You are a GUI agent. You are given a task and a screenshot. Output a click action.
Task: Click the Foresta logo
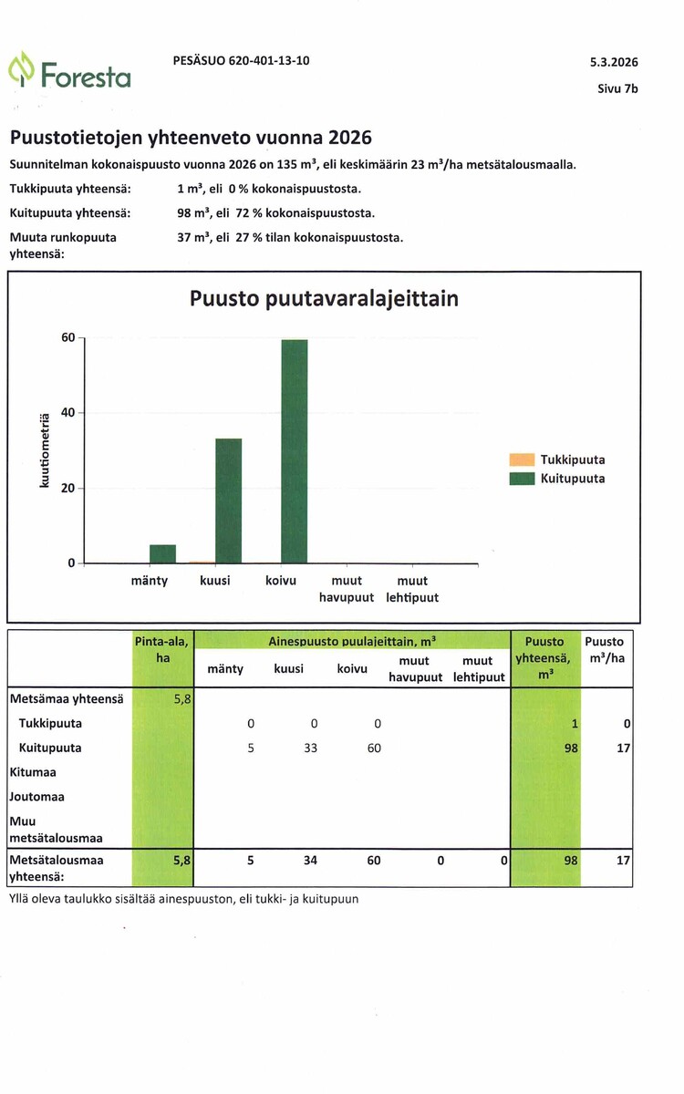point(69,70)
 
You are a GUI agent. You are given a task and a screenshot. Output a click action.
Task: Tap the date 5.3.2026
point(614,62)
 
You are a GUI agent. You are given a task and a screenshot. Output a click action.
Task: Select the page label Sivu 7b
point(617,88)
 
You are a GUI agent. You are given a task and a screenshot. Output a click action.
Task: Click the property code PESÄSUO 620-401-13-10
point(242,60)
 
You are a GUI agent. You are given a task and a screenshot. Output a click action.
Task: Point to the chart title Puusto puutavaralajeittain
point(324,298)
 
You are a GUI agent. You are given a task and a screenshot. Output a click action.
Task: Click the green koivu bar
point(294,451)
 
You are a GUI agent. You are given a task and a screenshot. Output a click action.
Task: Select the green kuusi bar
point(229,501)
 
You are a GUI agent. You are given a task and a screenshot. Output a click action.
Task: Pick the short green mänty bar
point(162,554)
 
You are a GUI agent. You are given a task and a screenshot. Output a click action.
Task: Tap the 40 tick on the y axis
point(67,413)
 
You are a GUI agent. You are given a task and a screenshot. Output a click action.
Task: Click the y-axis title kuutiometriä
point(45,450)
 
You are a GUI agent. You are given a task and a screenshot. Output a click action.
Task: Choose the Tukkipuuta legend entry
point(557,459)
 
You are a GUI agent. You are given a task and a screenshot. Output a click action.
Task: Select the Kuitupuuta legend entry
point(557,478)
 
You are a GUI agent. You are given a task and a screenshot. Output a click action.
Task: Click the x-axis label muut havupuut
point(347,589)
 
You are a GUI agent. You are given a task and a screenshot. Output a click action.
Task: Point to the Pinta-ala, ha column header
point(161,649)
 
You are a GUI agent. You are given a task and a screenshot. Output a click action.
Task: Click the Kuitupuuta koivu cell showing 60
point(374,748)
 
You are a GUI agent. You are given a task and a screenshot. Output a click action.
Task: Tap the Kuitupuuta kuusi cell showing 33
point(310,748)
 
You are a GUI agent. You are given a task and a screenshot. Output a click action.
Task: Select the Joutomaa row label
point(36,797)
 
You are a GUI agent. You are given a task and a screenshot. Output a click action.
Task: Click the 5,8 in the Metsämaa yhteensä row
point(182,699)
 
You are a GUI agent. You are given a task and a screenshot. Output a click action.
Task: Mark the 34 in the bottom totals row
point(310,860)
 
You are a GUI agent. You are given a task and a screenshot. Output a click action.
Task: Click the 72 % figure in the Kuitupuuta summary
point(249,213)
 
